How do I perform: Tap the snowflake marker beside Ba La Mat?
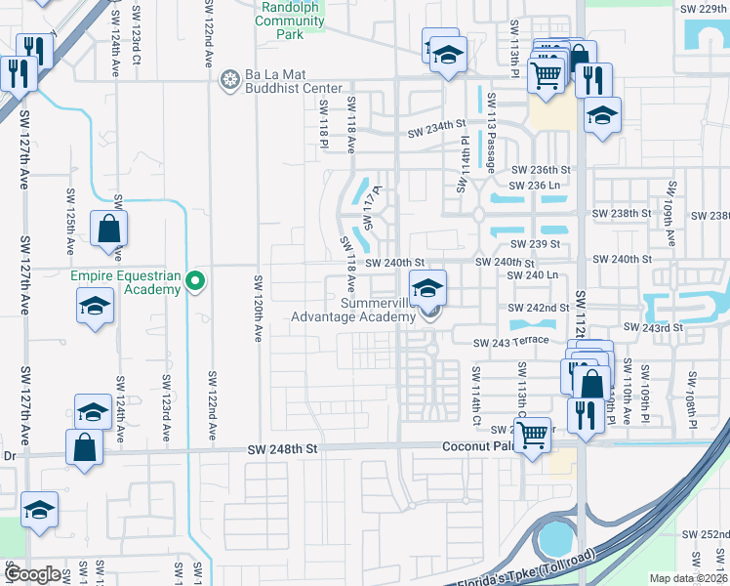(x=230, y=79)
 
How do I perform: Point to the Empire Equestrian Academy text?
(x=126, y=282)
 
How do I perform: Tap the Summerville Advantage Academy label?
(x=352, y=310)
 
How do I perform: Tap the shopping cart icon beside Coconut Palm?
(x=532, y=436)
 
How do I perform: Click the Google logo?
(x=32, y=574)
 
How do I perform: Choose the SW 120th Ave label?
(x=259, y=308)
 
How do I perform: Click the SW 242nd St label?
(x=539, y=308)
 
